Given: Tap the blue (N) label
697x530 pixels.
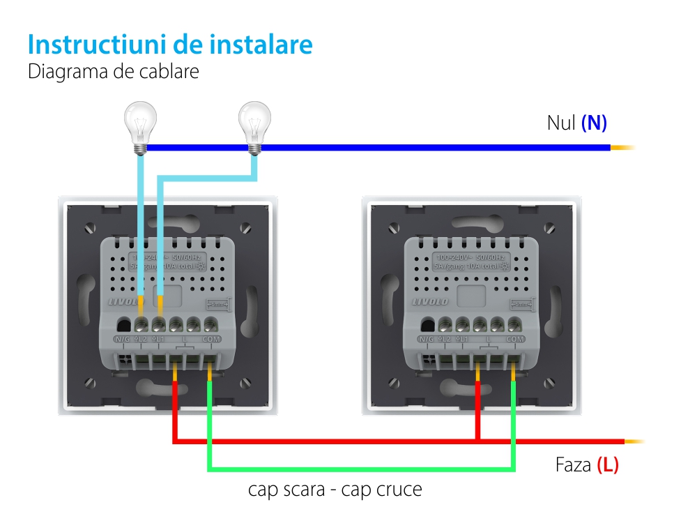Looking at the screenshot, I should pos(594,123).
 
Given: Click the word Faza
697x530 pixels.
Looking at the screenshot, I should pos(574,465).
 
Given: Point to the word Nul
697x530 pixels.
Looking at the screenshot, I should pos(561,123).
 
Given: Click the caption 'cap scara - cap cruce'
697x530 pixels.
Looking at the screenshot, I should pos(335,490).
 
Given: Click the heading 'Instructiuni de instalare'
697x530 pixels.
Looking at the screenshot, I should pos(170,45).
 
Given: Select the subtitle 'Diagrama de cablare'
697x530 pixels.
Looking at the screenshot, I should pos(114,72).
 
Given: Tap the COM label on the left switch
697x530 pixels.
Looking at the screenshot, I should pos(210,339).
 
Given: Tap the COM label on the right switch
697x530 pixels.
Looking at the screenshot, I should pos(515,339).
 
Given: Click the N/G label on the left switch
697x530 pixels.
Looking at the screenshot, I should pos(123,339).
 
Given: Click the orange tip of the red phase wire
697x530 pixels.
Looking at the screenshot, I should pos(634,441).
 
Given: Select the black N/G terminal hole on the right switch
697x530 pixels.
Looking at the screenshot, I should pos(428,324).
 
